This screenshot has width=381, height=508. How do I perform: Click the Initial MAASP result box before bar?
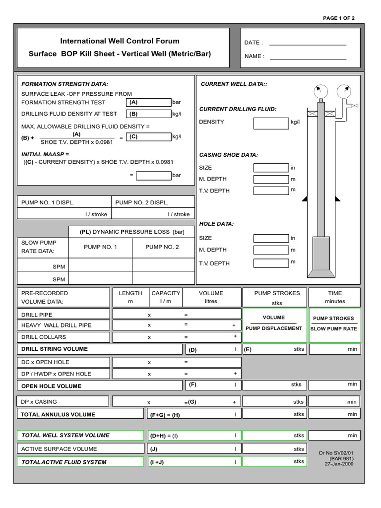point(153,175)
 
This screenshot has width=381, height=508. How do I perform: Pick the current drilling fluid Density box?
point(271,123)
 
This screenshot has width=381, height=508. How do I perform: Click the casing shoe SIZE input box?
point(271,168)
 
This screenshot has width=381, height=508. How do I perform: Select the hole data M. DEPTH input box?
point(271,250)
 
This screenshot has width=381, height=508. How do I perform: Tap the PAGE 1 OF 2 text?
point(339,18)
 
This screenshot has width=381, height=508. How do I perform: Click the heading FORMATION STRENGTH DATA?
point(64,84)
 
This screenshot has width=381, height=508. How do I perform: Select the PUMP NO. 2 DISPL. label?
point(142,202)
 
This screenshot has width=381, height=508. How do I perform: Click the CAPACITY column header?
point(166,293)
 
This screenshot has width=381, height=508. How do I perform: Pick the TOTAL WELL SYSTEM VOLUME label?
point(65,436)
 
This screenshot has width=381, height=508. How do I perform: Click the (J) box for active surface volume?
point(193,449)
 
